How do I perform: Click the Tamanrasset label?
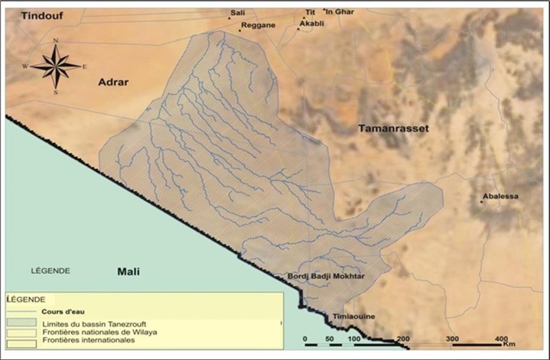[x=394, y=129]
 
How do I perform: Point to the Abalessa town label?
[x=500, y=196]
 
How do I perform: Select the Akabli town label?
[x=311, y=24]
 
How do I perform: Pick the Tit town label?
[x=310, y=13]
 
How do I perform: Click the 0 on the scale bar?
[x=304, y=339]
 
